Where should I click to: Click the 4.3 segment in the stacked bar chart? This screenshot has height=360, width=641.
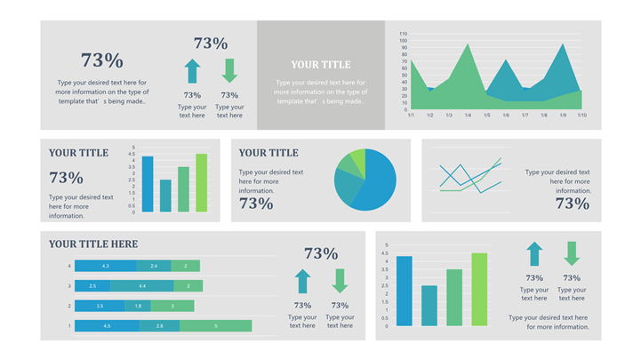pos(105,266)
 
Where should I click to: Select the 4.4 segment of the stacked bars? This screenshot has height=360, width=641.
pos(142,285)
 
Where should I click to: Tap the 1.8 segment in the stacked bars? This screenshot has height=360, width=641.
pos(138,306)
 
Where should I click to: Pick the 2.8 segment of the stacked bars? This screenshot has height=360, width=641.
pos(159,326)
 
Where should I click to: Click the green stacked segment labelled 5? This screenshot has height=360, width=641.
pos(215,326)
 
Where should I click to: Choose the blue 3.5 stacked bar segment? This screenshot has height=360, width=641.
pos(100,306)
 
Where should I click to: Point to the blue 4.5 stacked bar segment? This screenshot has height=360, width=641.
pos(107,326)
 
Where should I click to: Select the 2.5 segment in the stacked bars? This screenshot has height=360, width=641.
pos(92,285)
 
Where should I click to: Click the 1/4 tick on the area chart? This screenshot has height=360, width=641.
pos(468,115)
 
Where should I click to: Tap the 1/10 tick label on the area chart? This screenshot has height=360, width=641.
pos(581,115)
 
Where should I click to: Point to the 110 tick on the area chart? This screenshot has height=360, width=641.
pos(403,32)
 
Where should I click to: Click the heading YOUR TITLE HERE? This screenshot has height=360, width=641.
pos(93,244)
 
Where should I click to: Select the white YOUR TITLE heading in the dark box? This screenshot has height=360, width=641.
pos(321,64)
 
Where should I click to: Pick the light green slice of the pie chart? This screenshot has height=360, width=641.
pos(357,159)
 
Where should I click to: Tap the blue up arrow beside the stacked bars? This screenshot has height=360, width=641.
pos(302,281)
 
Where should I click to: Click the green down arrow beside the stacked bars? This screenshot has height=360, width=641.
pos(340,281)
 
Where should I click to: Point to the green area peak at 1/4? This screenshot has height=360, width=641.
pos(468,46)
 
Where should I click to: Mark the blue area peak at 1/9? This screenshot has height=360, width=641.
pos(563,46)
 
